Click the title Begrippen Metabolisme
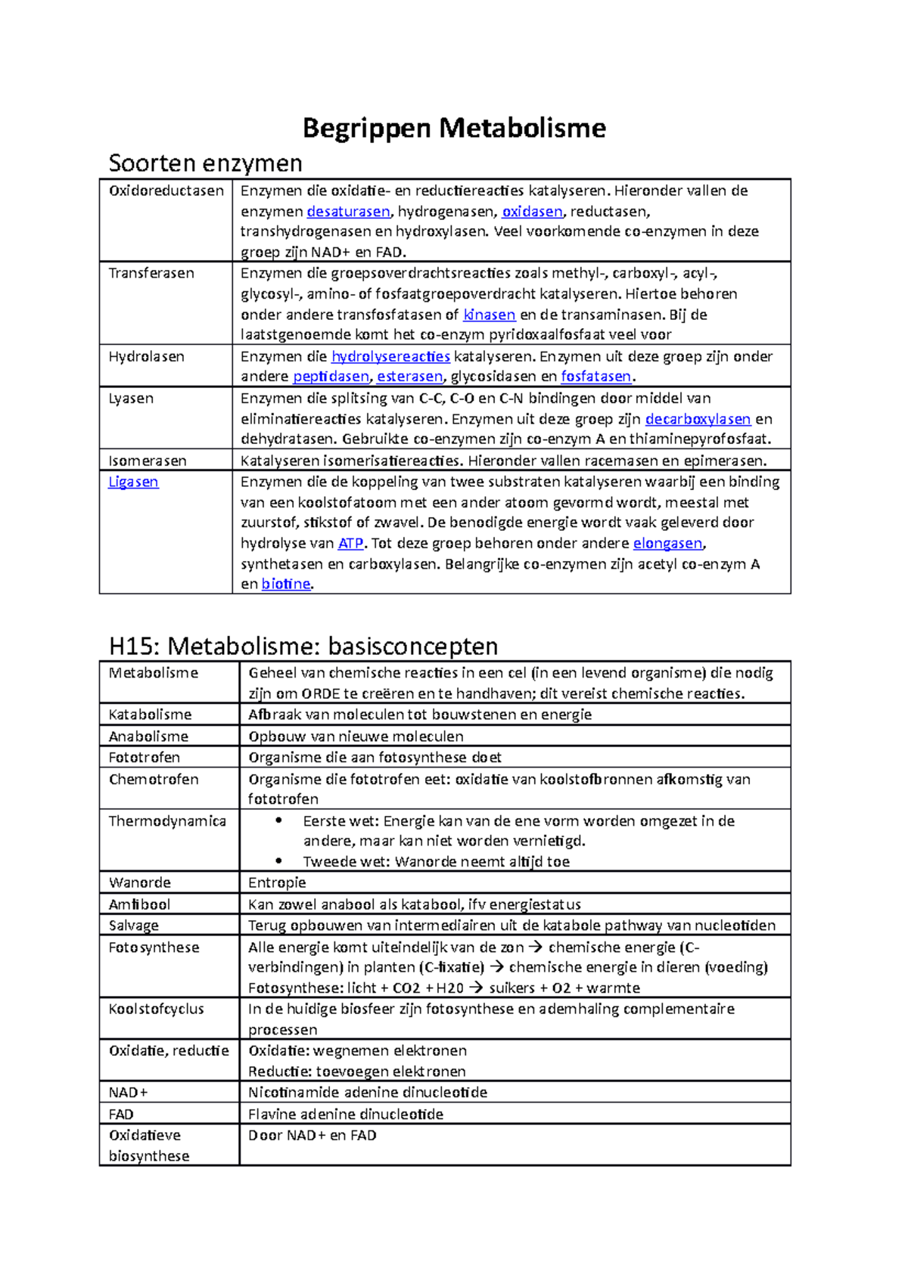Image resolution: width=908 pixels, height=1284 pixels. (x=454, y=128)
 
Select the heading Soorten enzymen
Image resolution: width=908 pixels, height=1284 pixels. (x=205, y=163)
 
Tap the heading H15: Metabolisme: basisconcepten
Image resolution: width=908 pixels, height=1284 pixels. (x=303, y=646)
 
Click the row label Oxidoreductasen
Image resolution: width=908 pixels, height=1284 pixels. (x=166, y=191)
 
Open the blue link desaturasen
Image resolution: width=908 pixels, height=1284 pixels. (x=348, y=212)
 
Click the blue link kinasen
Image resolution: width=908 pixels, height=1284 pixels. (x=489, y=315)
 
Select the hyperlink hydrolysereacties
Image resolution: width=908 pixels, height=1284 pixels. (x=390, y=356)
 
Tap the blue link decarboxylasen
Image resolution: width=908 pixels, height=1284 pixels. (x=698, y=419)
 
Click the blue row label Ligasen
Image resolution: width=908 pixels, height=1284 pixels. (x=133, y=482)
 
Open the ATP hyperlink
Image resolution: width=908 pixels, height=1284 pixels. (x=350, y=543)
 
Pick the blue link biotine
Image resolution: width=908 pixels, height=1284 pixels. (x=286, y=584)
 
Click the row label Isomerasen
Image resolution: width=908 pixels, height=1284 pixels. (x=147, y=461)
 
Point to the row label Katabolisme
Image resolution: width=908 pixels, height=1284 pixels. (x=150, y=715)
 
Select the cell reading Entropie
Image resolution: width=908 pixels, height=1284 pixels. (x=277, y=882)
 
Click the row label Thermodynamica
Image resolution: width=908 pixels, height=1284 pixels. (x=167, y=821)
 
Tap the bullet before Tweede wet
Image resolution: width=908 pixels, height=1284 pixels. (x=278, y=861)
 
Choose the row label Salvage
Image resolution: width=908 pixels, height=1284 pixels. (x=133, y=926)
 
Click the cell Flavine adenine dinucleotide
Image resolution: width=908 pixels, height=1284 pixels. (x=346, y=1114)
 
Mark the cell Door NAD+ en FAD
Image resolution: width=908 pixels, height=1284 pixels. (x=312, y=1135)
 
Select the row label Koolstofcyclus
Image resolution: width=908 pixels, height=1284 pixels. (x=156, y=1009)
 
